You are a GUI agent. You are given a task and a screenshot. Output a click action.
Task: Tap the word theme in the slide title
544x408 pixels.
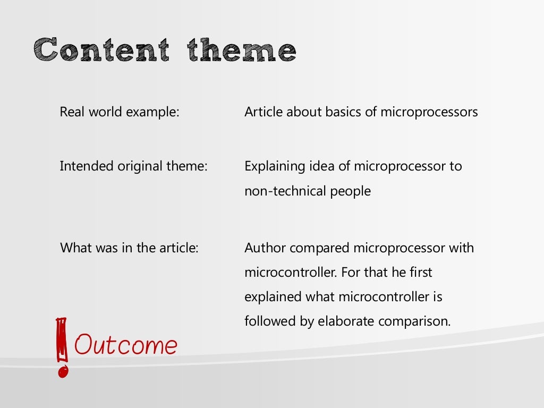[242, 51]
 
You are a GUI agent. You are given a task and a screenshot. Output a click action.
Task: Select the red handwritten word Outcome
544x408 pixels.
[126, 345]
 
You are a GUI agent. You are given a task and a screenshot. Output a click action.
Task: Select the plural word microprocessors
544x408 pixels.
[429, 113]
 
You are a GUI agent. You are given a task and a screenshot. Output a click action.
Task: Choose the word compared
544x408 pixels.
[320, 248]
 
